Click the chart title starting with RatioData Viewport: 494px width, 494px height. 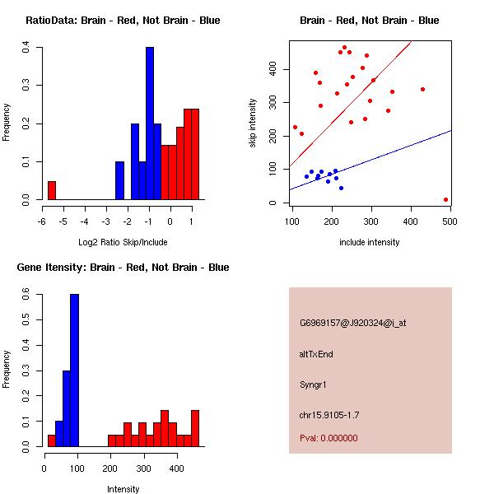[123, 21]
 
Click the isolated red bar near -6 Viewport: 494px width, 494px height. [51, 191]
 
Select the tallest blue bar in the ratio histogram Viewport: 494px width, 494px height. [150, 123]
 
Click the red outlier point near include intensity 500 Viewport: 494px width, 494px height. [445, 199]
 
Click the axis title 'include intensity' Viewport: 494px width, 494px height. [370, 242]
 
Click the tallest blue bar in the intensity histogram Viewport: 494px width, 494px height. [74, 370]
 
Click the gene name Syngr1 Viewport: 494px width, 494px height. [314, 384]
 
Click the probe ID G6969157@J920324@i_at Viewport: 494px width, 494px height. [352, 323]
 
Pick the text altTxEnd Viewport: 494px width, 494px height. [316, 354]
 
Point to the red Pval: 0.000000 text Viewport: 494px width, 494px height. [329, 438]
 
